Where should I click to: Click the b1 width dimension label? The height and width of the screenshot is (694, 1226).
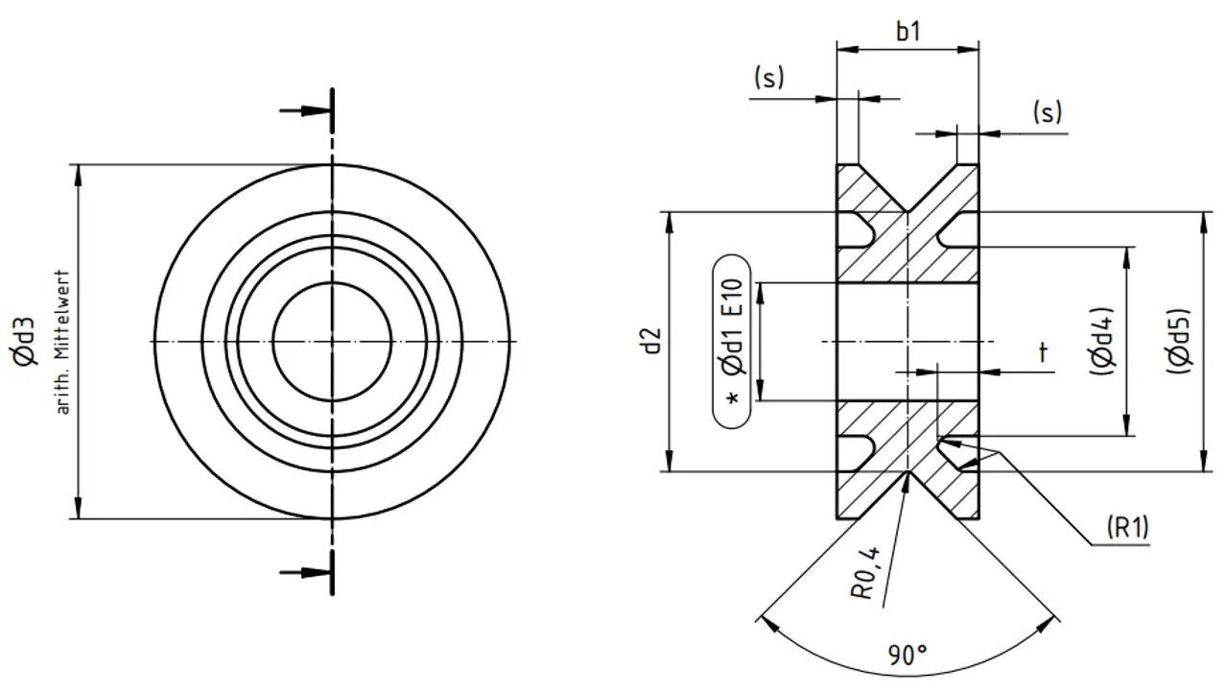[x=908, y=32]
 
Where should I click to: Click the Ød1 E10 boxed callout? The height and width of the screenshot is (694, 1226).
[x=734, y=342]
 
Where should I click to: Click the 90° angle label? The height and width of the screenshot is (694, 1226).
[x=908, y=657]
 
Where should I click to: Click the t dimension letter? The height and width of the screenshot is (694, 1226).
[x=1043, y=353]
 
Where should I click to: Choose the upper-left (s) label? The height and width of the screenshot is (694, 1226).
[x=768, y=78]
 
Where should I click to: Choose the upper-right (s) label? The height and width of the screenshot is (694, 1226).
[x=1047, y=112]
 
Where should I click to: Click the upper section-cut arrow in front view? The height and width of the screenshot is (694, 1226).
[x=305, y=110]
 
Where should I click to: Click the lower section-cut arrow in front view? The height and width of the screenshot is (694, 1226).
[x=305, y=573]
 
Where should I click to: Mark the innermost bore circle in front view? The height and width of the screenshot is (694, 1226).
[x=332, y=284]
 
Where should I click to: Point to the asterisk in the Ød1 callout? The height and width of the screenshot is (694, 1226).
[x=734, y=398]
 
